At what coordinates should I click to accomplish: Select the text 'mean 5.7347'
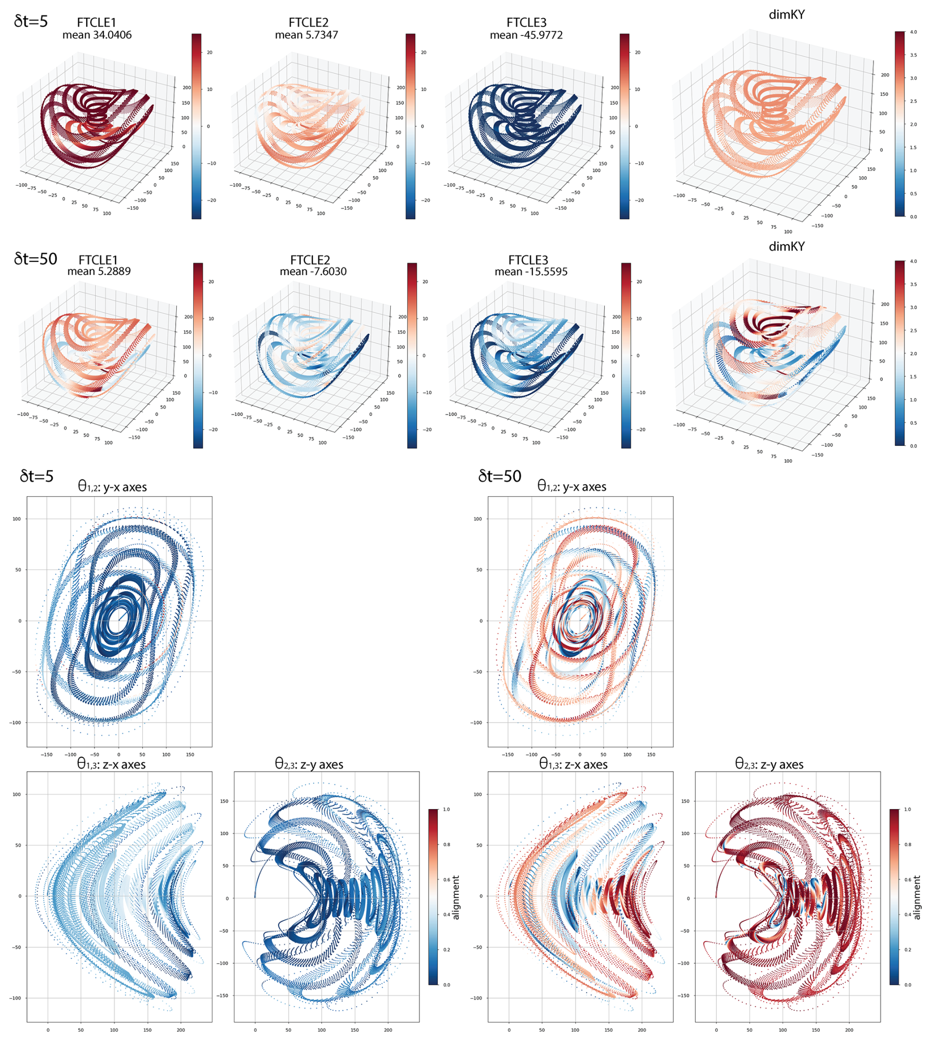point(307,35)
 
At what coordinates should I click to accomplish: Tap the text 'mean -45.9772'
point(526,35)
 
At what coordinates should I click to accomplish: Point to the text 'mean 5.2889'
point(99,271)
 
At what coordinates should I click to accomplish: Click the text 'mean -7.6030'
point(312,271)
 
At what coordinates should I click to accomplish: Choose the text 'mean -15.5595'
point(530,271)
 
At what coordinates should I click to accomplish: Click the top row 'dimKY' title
point(786,15)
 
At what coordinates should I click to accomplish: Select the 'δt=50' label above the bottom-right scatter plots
point(499,476)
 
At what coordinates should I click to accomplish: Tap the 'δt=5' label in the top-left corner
point(31,22)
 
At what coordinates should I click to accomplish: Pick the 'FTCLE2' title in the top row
point(308,23)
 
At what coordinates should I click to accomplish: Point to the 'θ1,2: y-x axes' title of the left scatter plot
point(112,486)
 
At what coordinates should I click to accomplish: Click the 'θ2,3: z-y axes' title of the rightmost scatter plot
point(769,764)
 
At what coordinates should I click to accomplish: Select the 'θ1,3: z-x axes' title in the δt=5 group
point(111,764)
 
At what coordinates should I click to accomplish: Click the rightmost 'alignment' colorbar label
point(917,897)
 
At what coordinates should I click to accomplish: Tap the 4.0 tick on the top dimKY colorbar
point(913,32)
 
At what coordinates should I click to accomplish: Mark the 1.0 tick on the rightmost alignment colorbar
point(907,810)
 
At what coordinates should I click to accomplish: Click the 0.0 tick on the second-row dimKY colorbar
point(913,445)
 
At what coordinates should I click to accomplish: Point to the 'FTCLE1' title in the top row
point(96,23)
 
